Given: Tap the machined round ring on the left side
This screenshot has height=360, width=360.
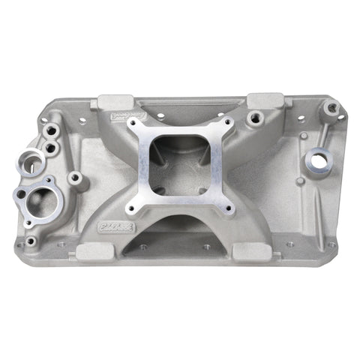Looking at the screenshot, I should [34, 159].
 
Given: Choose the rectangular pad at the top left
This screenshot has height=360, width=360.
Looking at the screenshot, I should [115, 101].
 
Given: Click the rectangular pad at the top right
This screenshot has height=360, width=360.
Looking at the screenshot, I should [265, 100].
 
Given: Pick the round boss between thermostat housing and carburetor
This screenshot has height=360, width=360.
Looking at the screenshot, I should [75, 178].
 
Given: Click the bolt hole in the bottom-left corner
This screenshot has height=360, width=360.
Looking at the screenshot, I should [31, 241].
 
